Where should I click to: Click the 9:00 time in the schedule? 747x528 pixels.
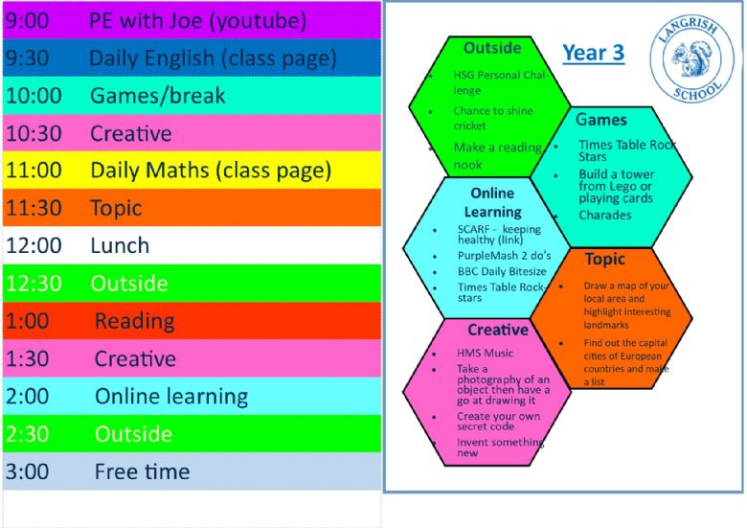pos(27,21)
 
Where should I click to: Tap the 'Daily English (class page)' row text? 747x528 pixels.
pos(213,59)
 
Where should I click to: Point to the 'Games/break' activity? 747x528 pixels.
pos(158,96)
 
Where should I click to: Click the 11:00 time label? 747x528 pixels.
pos(34,171)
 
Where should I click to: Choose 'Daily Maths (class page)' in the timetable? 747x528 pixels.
pos(211,172)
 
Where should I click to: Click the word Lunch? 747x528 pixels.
pos(120,246)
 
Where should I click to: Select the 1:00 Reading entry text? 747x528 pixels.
pos(135,321)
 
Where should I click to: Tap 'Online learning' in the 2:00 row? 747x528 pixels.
pos(171,397)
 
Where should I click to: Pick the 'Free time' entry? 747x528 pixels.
pos(143,471)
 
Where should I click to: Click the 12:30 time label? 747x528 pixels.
pos(34,284)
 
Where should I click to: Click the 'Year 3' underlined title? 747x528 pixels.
pos(593,53)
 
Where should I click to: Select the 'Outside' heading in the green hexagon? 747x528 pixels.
pos(492,48)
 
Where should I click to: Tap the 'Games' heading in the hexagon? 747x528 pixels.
pos(601,119)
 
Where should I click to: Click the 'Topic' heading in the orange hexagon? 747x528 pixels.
pos(605,260)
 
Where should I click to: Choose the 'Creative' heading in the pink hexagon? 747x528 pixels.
pos(498,330)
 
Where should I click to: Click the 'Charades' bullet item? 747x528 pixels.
pos(605,216)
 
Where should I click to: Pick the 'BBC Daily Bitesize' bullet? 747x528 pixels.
pos(502,271)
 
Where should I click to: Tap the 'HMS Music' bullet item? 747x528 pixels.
pos(485,353)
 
